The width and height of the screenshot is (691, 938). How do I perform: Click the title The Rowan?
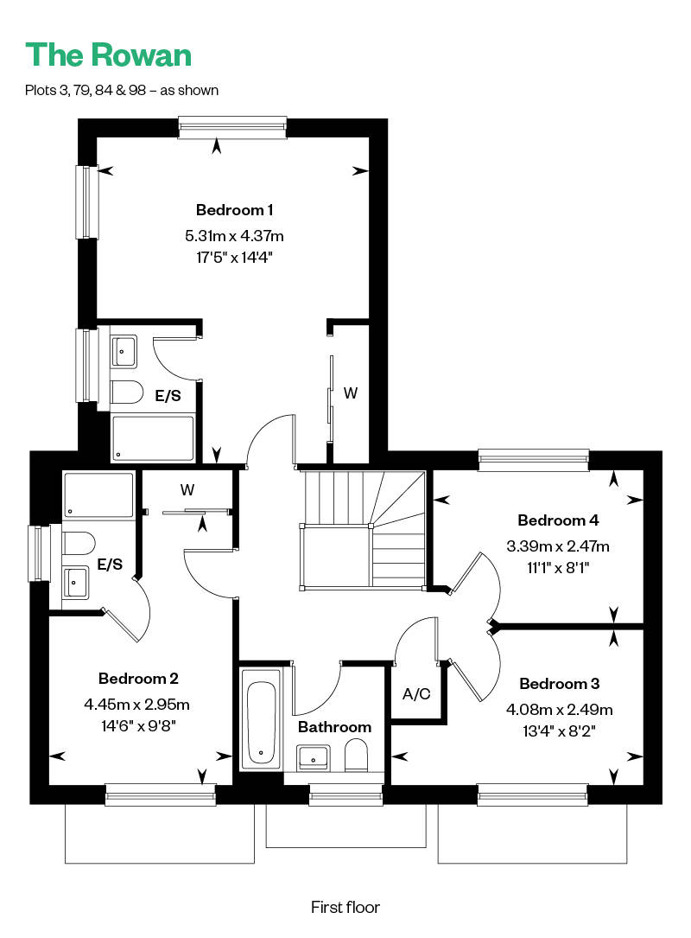pos(108,55)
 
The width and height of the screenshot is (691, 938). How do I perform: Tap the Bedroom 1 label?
pos(234,210)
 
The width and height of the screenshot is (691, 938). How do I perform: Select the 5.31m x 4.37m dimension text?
pos(234,236)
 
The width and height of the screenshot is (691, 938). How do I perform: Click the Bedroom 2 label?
pos(138,679)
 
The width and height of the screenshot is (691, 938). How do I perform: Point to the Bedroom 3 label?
pos(559,683)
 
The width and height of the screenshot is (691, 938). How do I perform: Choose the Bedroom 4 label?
pos(558,520)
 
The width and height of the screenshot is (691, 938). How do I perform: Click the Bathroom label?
pos(334,727)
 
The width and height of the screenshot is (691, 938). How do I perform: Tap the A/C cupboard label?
pos(416,694)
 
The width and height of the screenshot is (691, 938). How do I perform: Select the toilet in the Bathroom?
pos(356,755)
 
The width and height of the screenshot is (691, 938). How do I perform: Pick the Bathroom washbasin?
pos(314,756)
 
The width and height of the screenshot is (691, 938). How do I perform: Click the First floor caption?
pos(345,907)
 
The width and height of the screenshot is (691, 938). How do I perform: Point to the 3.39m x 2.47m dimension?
pos(558,546)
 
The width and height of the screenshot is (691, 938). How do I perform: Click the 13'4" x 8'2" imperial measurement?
pos(559,731)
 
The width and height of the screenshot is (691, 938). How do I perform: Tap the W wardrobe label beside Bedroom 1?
pos(351,393)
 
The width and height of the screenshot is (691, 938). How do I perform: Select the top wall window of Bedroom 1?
pos(232,127)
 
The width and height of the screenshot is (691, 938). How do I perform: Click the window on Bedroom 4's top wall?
pos(534,459)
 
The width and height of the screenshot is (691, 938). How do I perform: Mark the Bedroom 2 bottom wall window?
pos(160,794)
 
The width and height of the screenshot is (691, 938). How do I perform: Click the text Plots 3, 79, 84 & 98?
pos(86,90)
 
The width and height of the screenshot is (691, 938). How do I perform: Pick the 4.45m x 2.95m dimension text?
pos(136,704)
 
